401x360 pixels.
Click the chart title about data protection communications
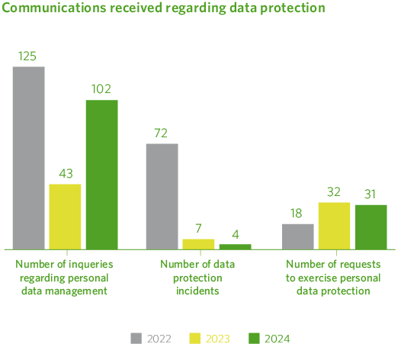164,8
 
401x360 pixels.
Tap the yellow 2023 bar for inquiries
65,217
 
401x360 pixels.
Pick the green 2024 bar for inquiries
101,175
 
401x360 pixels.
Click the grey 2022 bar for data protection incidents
162,196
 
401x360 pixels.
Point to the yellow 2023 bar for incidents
198,244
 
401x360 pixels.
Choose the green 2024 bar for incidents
235,246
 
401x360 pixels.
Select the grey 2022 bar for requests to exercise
297,236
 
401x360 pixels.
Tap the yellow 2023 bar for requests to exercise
334,226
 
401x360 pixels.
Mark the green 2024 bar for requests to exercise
371,227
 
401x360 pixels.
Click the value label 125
29,56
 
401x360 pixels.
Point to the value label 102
101,89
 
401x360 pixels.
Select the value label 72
162,133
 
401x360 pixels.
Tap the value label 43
65,174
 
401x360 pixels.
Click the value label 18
297,214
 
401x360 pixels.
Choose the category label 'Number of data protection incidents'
198,277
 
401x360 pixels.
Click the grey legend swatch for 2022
136,338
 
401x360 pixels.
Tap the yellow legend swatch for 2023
195,338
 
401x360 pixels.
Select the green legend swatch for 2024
255,338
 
